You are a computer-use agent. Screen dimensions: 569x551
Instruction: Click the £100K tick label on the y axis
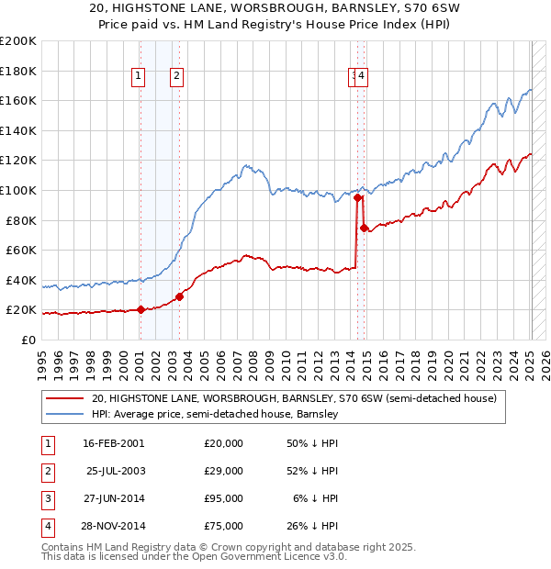pyautogui.click(x=18, y=190)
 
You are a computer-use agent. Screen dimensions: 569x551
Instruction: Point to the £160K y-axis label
pyautogui.click(x=18, y=100)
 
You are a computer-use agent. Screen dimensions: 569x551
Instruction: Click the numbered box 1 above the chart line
pyautogui.click(x=138, y=77)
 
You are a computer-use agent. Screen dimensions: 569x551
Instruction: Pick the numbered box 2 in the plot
pyautogui.click(x=175, y=77)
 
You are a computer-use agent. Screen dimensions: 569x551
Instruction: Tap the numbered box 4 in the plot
pyautogui.click(x=363, y=77)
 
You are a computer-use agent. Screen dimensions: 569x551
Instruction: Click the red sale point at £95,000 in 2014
pyautogui.click(x=357, y=197)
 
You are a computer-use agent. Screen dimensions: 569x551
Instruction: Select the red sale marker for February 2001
pyautogui.click(x=141, y=309)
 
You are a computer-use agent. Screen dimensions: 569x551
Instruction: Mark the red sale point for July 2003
pyautogui.click(x=180, y=296)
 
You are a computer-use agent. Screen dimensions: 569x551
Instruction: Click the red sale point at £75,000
pyautogui.click(x=365, y=228)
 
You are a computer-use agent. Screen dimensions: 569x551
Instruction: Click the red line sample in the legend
pyautogui.click(x=65, y=399)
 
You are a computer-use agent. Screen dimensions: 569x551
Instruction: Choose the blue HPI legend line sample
pyautogui.click(x=65, y=414)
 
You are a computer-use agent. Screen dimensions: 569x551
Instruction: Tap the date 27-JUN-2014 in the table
pyautogui.click(x=113, y=499)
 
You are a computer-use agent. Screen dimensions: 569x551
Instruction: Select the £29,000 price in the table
pyautogui.click(x=223, y=471)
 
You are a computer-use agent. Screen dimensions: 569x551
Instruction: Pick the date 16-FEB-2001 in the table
pyautogui.click(x=113, y=443)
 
